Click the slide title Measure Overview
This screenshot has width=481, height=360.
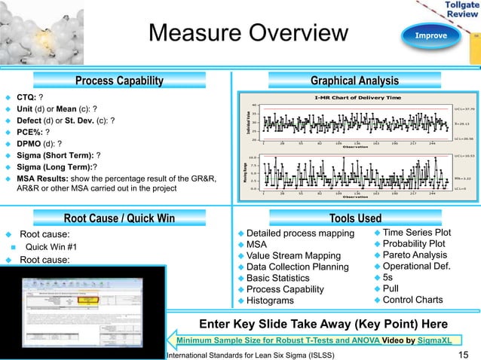click(248, 34)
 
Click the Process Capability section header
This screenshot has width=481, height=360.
click(119, 81)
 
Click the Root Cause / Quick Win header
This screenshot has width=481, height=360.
click(119, 218)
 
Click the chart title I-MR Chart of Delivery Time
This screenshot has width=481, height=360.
click(357, 98)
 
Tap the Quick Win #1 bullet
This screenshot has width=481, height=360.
click(51, 246)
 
